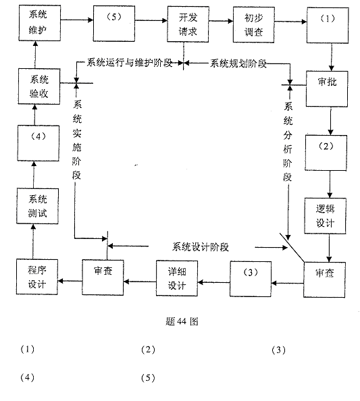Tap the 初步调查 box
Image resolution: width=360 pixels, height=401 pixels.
[x=253, y=24]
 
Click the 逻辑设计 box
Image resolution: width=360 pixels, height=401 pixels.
[x=326, y=214]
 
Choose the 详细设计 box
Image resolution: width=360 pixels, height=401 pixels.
[x=176, y=276]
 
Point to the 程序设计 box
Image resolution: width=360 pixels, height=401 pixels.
[x=37, y=277]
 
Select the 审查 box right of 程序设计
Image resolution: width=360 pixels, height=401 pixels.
[x=103, y=276]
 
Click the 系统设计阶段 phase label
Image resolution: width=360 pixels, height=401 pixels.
[x=201, y=246]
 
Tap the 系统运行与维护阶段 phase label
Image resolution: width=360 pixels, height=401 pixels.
[x=130, y=63]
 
